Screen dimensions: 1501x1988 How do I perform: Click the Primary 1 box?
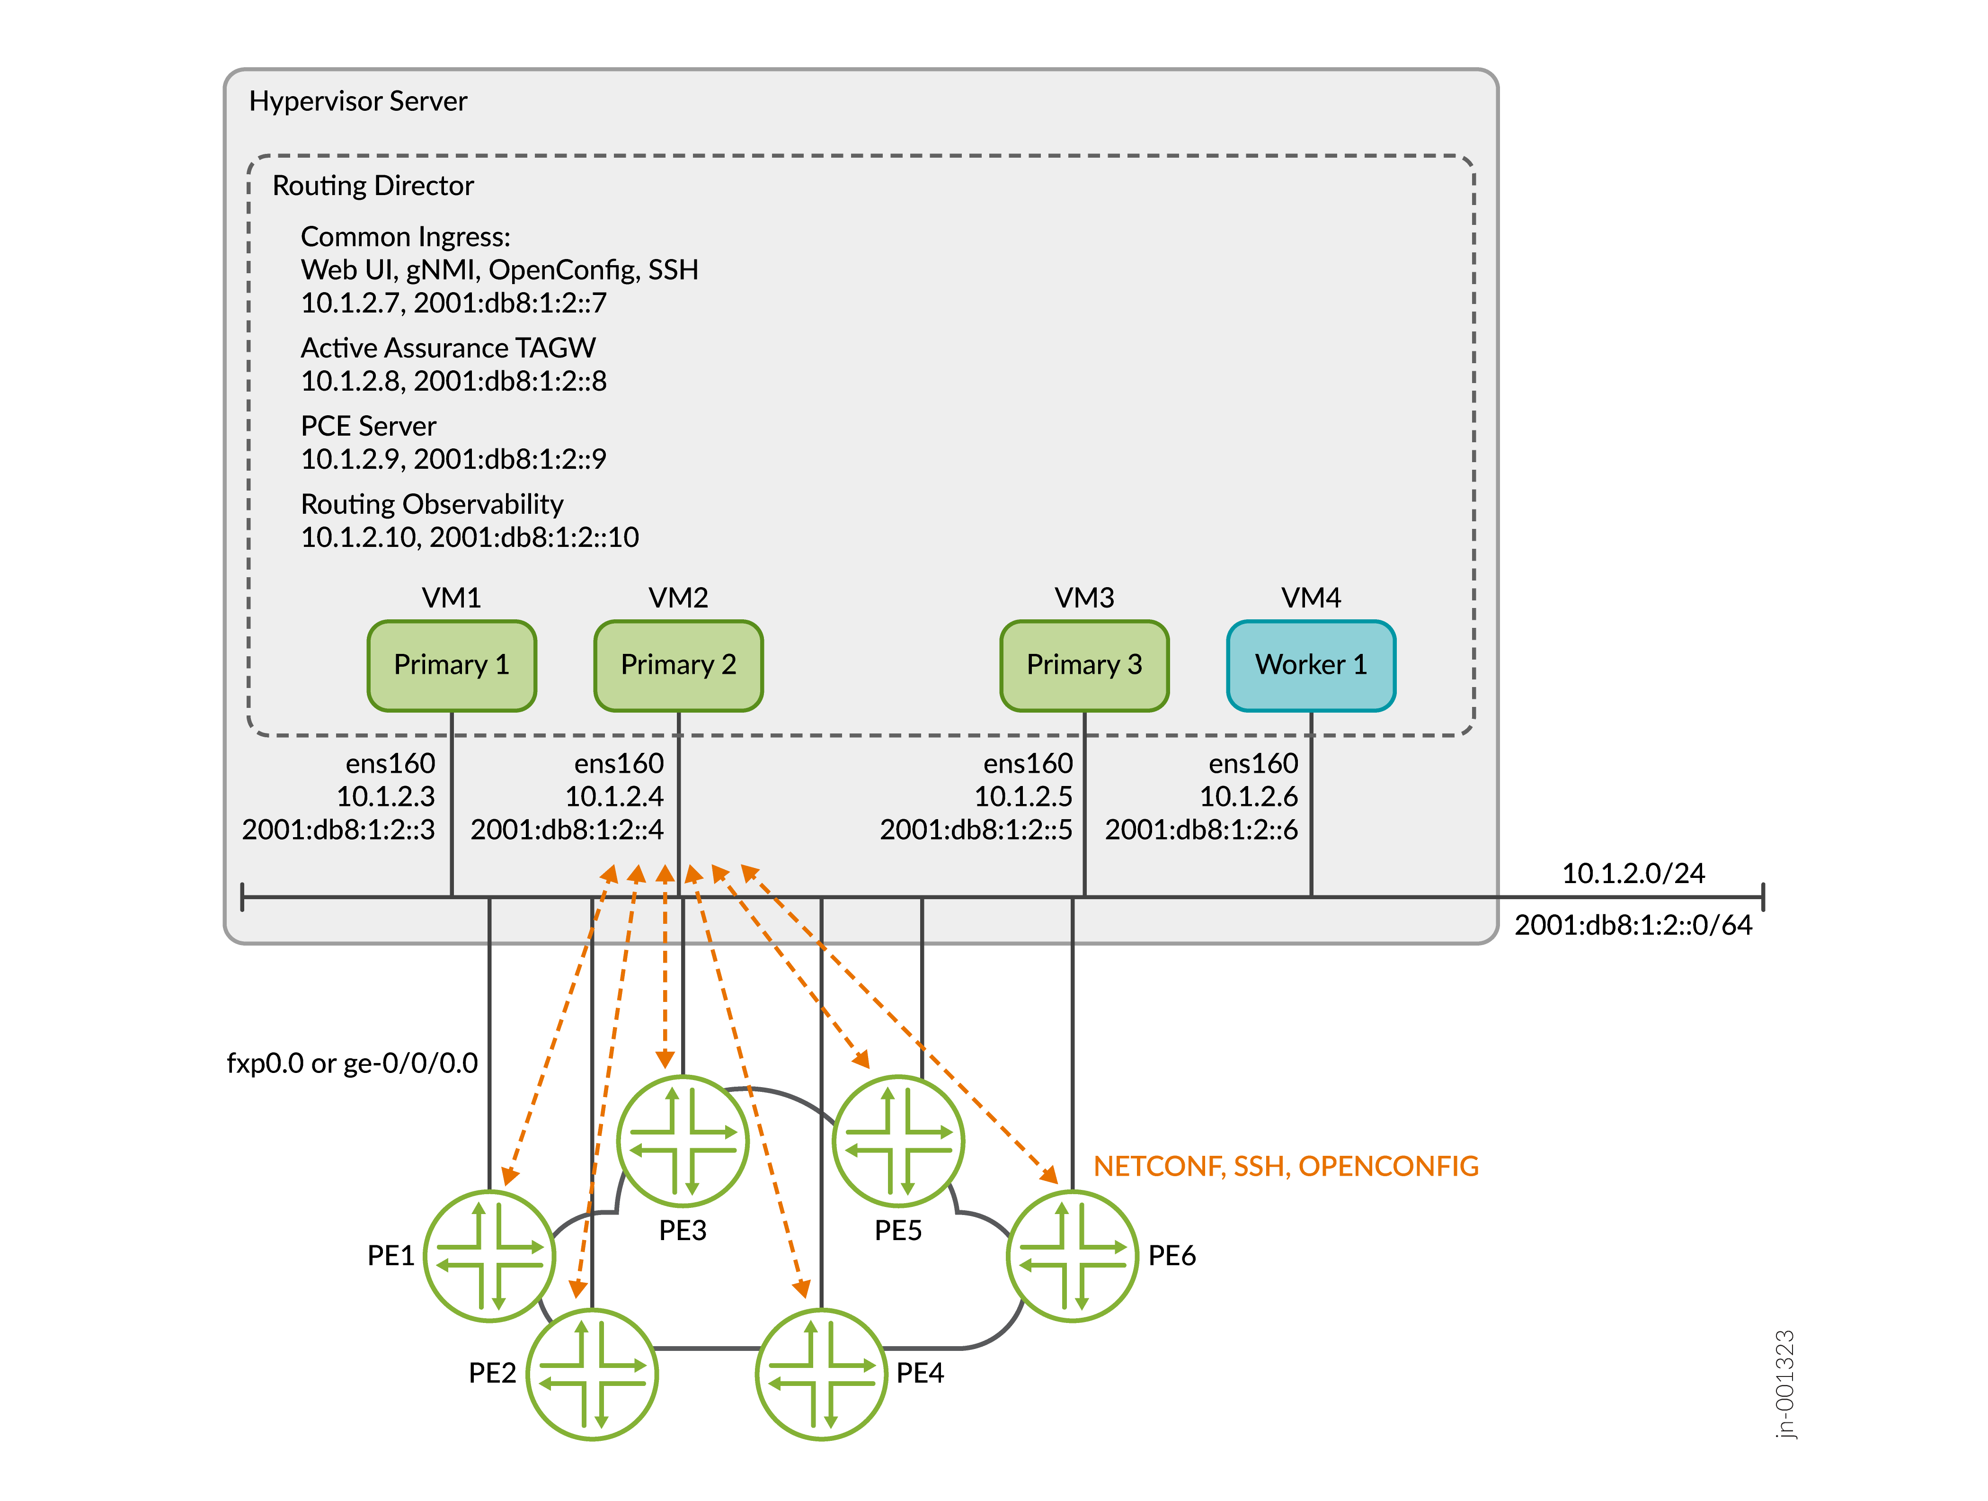coord(451,665)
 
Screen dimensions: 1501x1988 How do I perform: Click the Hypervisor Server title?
coord(358,101)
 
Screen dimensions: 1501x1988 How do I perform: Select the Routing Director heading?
coord(373,186)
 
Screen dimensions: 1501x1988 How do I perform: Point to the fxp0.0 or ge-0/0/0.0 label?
coord(352,1063)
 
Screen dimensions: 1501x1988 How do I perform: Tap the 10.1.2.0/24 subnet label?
coord(1633,874)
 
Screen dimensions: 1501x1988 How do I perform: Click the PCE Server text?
coord(368,426)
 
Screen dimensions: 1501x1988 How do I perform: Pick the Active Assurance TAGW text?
coord(448,348)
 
